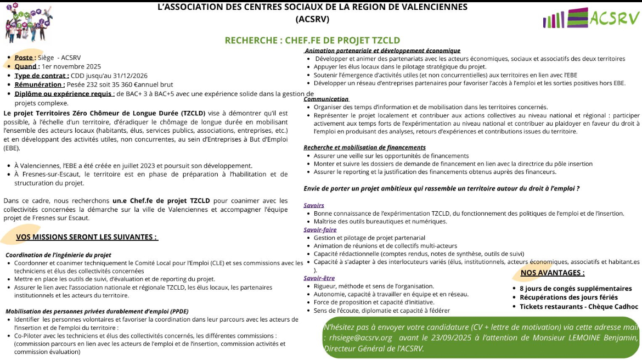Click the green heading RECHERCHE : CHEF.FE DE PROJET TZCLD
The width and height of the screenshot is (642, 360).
pyautogui.click(x=312, y=41)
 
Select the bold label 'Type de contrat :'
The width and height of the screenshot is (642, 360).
pyautogui.click(x=42, y=76)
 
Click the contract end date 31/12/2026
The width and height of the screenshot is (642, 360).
pyautogui.click(x=128, y=76)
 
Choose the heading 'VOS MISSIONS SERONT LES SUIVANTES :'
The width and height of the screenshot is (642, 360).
pyautogui.click(x=87, y=237)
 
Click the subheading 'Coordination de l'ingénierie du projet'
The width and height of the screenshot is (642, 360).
pyautogui.click(x=58, y=255)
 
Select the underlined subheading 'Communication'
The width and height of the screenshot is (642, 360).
pyautogui.click(x=326, y=99)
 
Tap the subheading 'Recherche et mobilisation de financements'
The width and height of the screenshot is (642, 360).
pyautogui.click(x=364, y=148)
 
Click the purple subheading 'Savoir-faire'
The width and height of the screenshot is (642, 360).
pyautogui.click(x=320, y=230)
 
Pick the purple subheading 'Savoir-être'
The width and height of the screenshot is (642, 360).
pyautogui.click(x=319, y=278)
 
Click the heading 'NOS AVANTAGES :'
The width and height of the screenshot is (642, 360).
pyautogui.click(x=553, y=273)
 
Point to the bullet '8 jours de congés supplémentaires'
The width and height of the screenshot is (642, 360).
pyautogui.click(x=576, y=288)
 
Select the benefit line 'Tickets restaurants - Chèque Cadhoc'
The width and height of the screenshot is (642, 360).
pyautogui.click(x=579, y=307)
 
